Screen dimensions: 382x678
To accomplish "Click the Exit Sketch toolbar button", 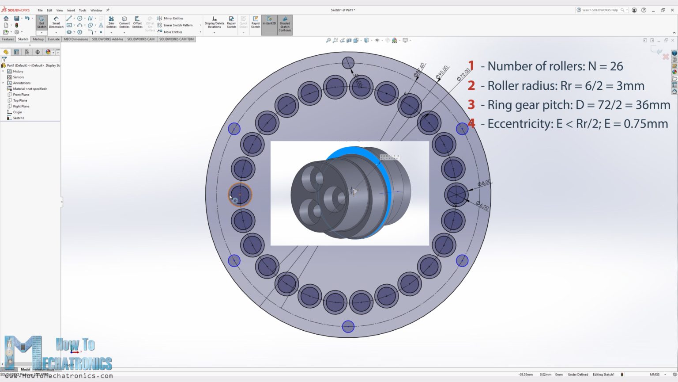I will (x=41, y=23).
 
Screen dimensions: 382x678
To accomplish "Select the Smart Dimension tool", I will (x=56, y=23).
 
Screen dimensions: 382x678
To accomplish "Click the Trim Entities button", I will (x=111, y=23).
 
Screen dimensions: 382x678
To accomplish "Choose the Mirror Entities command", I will (x=173, y=18).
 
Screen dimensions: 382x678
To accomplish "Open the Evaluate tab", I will (x=53, y=39).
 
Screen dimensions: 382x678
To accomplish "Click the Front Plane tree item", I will (x=21, y=95).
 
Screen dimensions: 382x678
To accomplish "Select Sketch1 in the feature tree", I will (x=19, y=118).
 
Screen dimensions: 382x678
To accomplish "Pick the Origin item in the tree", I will (x=17, y=112).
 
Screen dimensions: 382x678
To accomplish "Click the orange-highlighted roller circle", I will (x=240, y=195).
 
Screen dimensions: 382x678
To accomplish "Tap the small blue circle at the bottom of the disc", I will (x=348, y=327).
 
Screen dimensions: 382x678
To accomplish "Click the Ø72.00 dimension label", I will (x=463, y=74).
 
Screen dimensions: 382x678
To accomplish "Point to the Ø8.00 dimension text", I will (x=484, y=183).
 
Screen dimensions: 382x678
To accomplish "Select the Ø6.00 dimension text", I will (x=482, y=206).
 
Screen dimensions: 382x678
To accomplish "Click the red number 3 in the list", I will (x=471, y=105).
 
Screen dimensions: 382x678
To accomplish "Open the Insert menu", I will (x=71, y=10).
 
